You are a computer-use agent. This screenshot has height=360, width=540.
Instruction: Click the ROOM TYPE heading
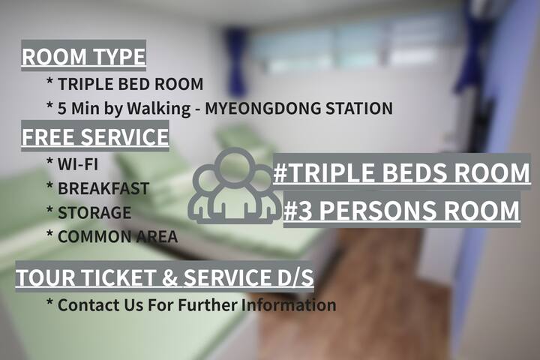(x=84, y=55)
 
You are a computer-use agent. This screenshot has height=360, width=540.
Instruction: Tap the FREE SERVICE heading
(x=95, y=136)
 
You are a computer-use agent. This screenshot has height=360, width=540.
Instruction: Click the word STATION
(x=359, y=108)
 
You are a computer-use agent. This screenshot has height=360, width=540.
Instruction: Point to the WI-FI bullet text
(x=78, y=164)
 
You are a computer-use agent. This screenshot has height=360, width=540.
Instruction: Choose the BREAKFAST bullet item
(x=103, y=188)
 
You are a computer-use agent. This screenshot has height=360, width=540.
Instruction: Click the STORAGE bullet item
(x=94, y=212)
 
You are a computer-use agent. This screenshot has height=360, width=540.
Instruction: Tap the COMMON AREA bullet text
(x=118, y=237)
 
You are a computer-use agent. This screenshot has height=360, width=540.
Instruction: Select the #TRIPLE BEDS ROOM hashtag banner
(x=401, y=172)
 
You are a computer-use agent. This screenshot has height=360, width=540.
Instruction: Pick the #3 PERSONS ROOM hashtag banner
(x=402, y=210)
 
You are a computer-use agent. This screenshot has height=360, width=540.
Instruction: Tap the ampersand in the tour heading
(x=169, y=277)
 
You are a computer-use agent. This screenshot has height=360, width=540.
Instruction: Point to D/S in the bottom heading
(x=295, y=277)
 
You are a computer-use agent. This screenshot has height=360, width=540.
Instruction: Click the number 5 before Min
(x=62, y=109)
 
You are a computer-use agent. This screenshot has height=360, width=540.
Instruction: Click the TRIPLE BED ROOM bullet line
(x=130, y=84)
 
